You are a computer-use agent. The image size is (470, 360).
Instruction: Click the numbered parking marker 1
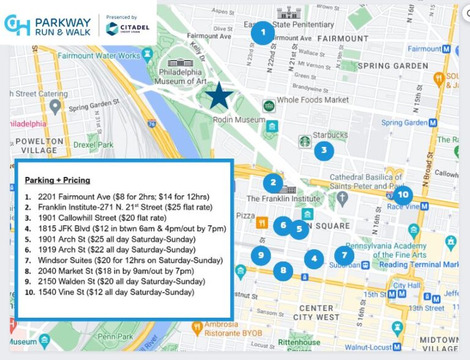coord(263,32)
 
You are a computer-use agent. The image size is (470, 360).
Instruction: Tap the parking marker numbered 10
coord(402,195)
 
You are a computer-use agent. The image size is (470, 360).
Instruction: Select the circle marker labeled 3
coord(324,150)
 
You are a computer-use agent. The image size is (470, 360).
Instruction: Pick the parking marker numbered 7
coord(344,255)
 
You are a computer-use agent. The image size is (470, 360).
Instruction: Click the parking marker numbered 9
coord(261,255)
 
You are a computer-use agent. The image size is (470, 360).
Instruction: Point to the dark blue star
coord(219,97)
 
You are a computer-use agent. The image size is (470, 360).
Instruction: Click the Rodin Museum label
coord(239,120)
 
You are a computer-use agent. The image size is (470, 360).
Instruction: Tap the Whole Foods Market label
coord(313,100)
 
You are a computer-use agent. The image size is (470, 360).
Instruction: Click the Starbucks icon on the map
coord(304,141)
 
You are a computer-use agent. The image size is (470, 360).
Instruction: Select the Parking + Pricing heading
coord(58,180)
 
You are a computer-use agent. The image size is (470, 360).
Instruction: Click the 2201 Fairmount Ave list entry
coord(123,197)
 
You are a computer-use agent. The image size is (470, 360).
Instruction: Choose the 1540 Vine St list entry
coord(116,292)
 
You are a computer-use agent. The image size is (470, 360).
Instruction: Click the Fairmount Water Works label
coord(99,56)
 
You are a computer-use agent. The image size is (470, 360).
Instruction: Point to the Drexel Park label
coord(93,145)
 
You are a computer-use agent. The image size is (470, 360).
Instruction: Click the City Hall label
coord(407,285)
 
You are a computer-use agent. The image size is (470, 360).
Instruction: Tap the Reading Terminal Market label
coord(419,264)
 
